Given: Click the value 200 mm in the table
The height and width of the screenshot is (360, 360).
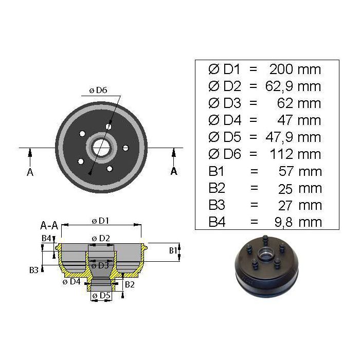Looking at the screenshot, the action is click(x=295, y=69).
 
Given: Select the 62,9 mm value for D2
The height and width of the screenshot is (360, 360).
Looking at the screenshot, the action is click(x=293, y=86).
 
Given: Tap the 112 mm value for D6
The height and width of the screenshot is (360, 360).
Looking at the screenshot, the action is click(x=296, y=154).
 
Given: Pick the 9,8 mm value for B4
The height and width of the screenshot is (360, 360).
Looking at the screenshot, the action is click(x=298, y=222).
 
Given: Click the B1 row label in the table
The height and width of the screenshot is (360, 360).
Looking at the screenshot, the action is click(x=216, y=171).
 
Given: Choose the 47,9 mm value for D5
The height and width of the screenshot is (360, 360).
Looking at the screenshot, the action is click(x=293, y=137).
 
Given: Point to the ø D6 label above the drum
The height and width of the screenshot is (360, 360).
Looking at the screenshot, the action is click(x=98, y=90).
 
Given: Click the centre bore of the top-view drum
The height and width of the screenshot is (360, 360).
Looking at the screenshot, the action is click(x=101, y=147).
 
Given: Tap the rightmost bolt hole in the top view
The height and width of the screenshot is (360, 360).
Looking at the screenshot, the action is click(x=125, y=148).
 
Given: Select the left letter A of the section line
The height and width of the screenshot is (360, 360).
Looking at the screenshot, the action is click(x=30, y=172).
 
